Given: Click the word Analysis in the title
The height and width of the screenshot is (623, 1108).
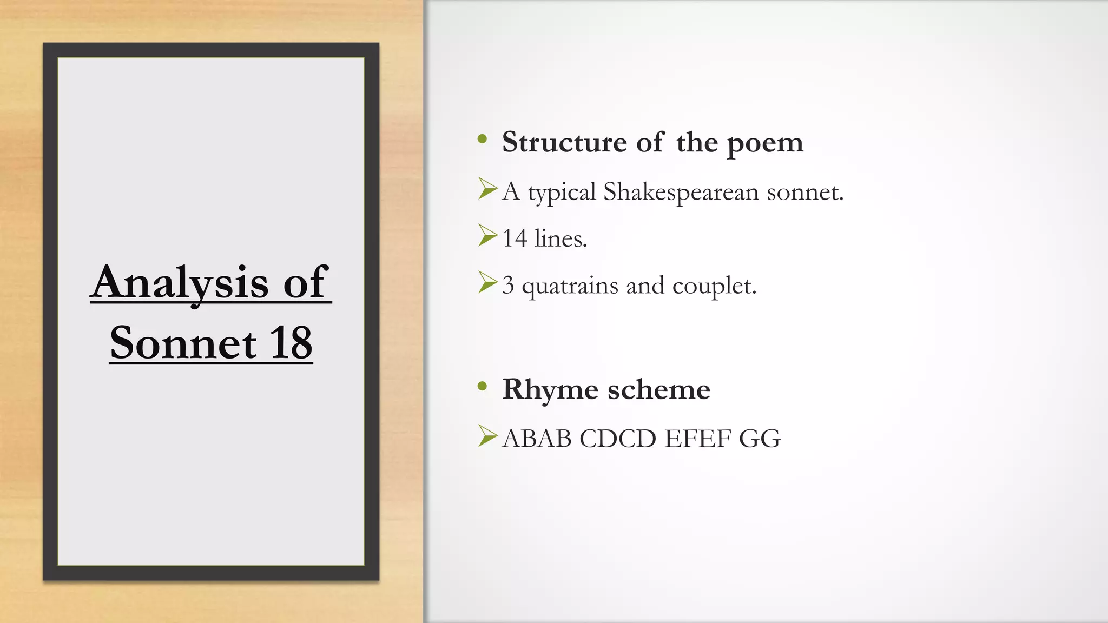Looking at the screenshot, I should click(x=180, y=282).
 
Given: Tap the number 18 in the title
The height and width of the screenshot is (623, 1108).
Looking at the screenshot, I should click(x=291, y=343).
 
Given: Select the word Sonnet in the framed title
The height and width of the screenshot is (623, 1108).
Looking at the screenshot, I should click(x=183, y=343).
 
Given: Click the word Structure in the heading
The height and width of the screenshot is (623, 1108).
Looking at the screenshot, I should click(x=564, y=142).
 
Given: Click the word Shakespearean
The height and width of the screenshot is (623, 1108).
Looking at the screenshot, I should click(x=681, y=191).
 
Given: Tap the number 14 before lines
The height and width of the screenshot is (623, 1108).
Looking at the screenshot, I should click(x=515, y=238).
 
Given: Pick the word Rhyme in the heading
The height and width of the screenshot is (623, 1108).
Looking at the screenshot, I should click(x=550, y=389).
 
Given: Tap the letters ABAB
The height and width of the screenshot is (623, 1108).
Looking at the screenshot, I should click(x=537, y=438).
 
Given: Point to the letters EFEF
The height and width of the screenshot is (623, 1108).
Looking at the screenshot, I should click(x=698, y=438).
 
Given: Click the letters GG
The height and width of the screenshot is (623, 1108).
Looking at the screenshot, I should click(x=760, y=438).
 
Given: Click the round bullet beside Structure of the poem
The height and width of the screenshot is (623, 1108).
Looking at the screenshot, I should click(x=483, y=140).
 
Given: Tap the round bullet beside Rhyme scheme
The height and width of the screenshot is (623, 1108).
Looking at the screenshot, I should click(x=483, y=386).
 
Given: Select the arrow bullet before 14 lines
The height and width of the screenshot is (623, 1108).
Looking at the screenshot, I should click(x=487, y=235).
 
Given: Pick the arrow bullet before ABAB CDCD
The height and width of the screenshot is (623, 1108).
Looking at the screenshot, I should click(x=487, y=436).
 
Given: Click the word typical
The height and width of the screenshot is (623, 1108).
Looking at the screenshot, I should click(x=562, y=193).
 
